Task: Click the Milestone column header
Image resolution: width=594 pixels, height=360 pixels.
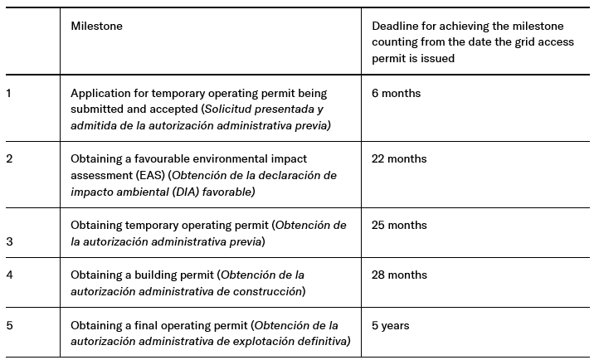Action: [96, 27]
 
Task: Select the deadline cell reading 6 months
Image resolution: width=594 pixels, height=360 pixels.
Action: [396, 94]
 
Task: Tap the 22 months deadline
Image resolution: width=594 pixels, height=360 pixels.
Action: [399, 159]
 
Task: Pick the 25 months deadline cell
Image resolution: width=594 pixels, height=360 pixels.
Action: [399, 226]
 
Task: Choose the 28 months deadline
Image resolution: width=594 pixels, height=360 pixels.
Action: [399, 275]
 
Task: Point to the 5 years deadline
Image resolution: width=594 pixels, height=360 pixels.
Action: [390, 325]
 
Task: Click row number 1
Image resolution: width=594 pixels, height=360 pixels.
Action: [8, 94]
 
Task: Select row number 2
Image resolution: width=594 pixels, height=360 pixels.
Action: [9, 159]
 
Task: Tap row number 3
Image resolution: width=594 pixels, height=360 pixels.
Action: [9, 241]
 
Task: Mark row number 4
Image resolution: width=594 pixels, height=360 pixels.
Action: [9, 275]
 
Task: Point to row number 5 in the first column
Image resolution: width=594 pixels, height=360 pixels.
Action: [9, 325]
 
